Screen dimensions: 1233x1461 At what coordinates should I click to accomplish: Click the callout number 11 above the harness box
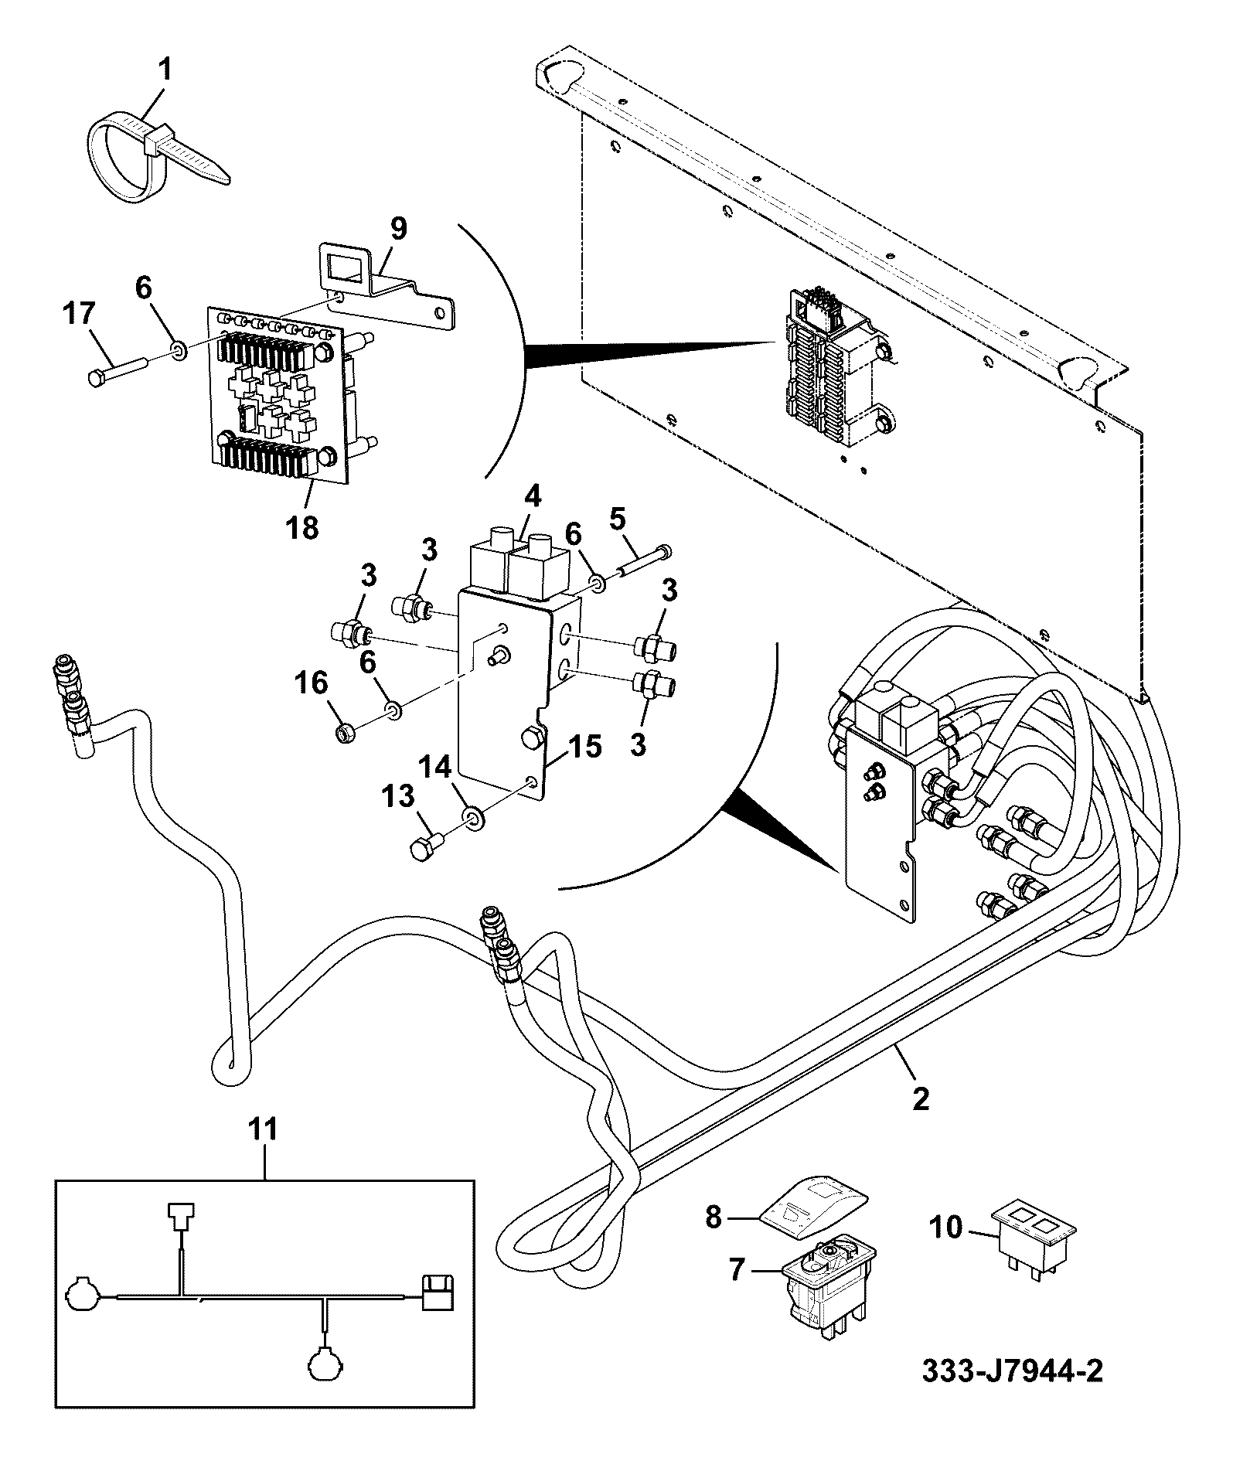(x=263, y=1131)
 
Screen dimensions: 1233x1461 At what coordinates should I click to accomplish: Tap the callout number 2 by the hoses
(x=920, y=1098)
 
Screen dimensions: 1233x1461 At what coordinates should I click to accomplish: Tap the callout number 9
(x=398, y=230)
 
